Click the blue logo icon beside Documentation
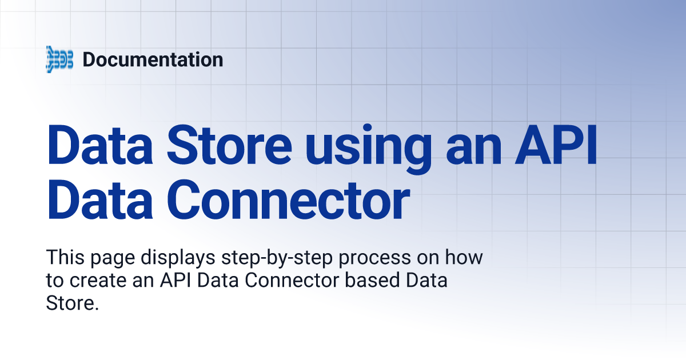coord(59,59)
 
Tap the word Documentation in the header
coord(153,59)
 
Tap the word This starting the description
coord(63,258)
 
